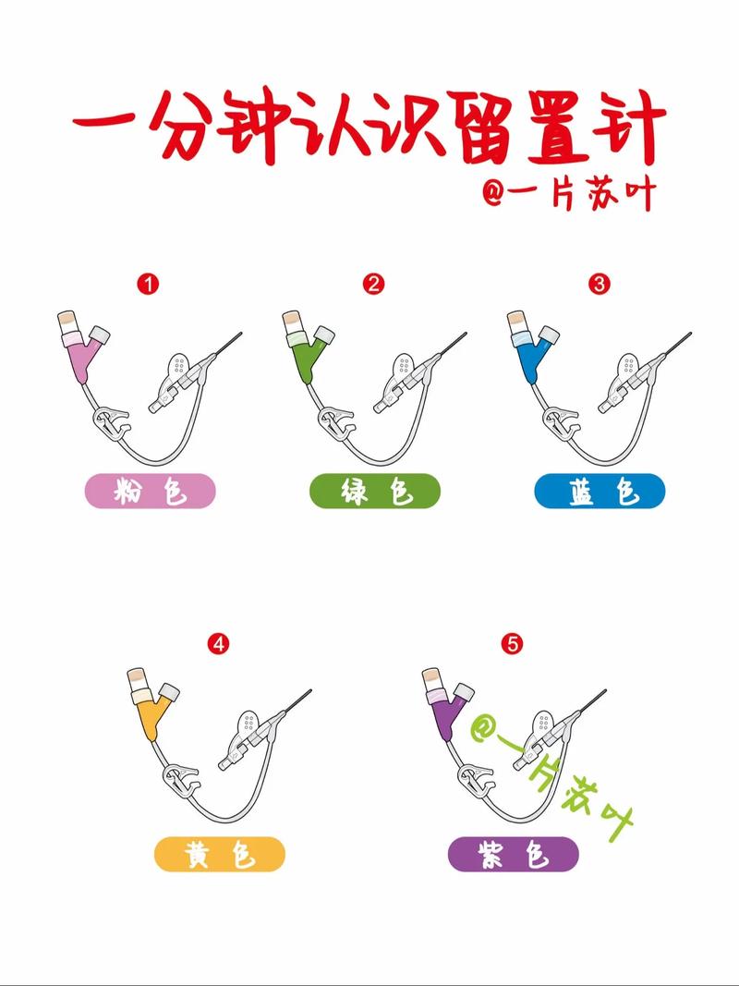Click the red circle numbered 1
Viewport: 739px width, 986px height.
[148, 284]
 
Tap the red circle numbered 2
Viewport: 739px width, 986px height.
[374, 284]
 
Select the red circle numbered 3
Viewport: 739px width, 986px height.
[600, 284]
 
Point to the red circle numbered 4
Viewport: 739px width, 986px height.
[219, 644]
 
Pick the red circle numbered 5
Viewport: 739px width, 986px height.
[514, 644]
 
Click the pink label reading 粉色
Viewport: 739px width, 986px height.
[150, 492]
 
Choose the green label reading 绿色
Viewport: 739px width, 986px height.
[375, 492]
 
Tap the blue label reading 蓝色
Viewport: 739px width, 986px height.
[600, 492]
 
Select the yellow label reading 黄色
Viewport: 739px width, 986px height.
[219, 855]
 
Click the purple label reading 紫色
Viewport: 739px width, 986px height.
[514, 855]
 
